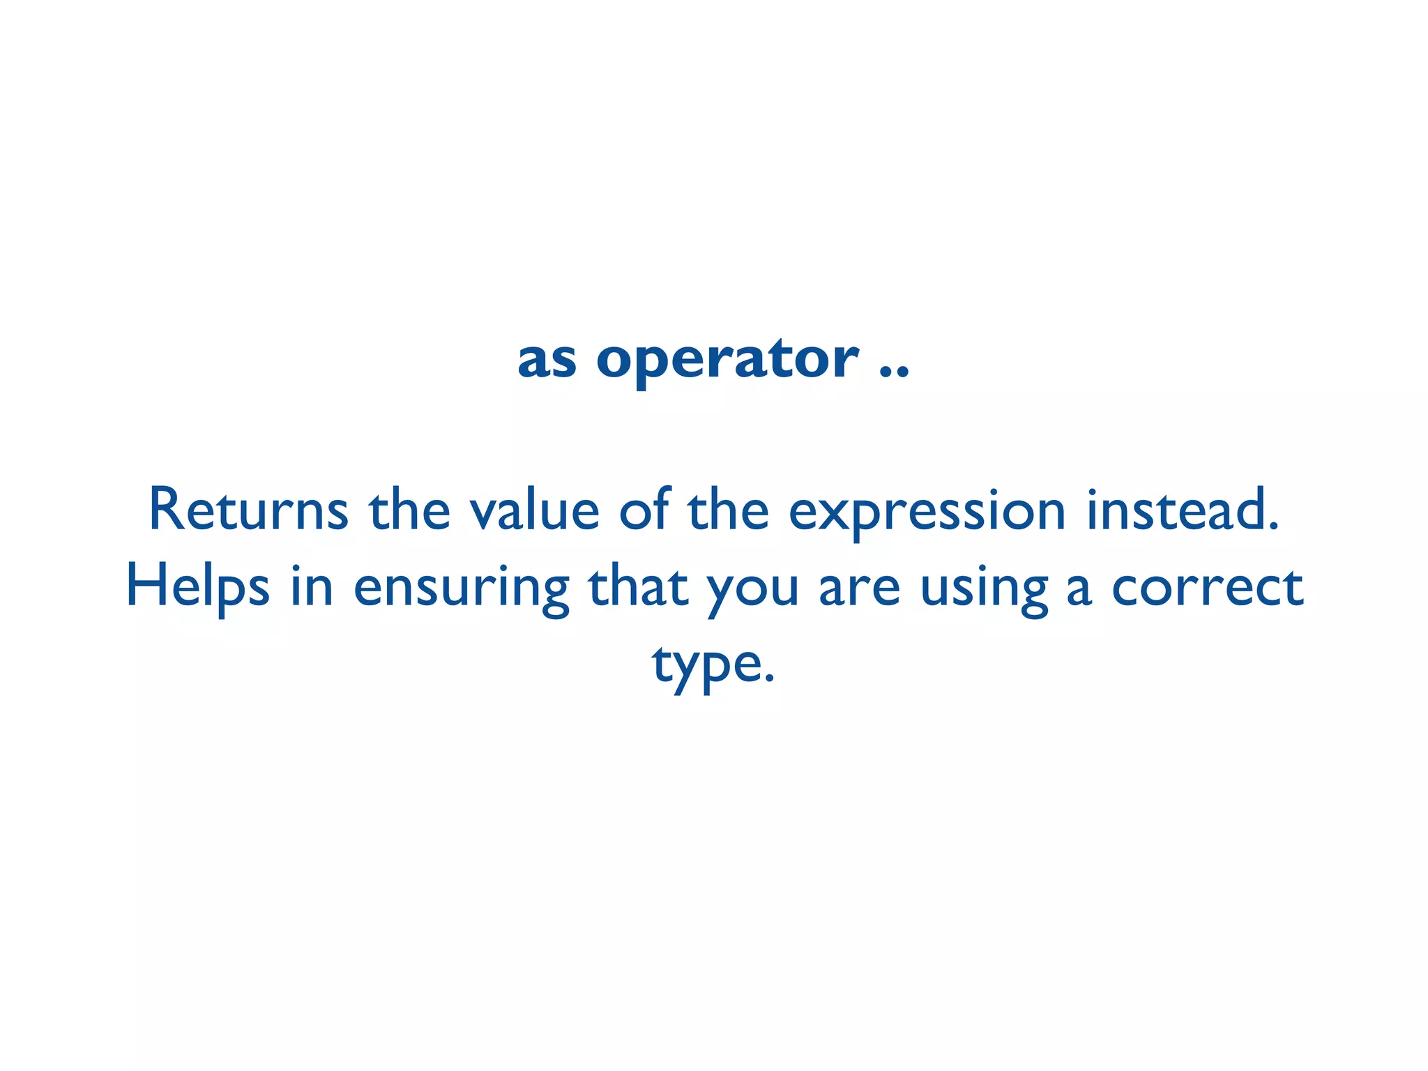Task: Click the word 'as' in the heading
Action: pyautogui.click(x=547, y=361)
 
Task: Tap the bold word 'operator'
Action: pyautogui.click(x=727, y=361)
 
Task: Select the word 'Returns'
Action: pyautogui.click(x=248, y=510)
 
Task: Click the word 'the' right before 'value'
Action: pyautogui.click(x=409, y=510)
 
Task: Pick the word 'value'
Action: pyautogui.click(x=534, y=510)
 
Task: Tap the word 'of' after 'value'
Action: pyautogui.click(x=644, y=510)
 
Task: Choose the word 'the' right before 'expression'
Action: pyautogui.click(x=728, y=510)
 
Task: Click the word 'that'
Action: pyautogui.click(x=639, y=587)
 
